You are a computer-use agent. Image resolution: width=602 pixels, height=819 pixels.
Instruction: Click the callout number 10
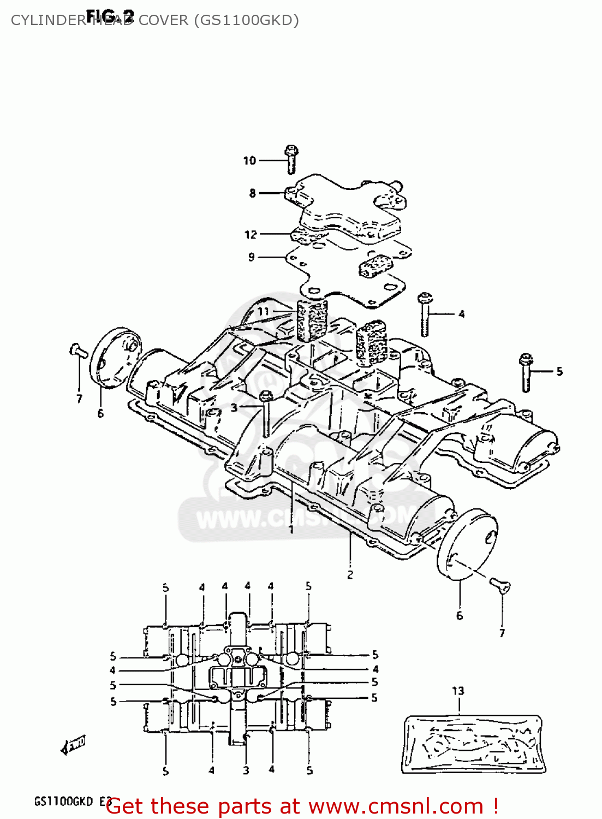249,161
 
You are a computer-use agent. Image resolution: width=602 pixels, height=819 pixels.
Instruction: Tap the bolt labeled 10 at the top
291,158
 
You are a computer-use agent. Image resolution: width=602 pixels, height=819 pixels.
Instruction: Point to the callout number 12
251,235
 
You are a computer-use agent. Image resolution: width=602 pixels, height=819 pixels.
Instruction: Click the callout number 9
251,257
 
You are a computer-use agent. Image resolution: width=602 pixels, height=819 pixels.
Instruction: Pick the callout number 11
263,312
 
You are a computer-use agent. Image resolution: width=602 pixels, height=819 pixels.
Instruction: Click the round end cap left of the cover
115,358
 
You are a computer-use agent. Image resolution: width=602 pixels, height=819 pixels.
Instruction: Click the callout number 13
458,691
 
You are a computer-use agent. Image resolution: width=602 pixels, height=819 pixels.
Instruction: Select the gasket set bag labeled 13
474,744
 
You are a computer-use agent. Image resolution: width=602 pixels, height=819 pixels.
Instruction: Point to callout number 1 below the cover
291,529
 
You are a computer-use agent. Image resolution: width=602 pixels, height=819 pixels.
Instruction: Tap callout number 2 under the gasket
350,574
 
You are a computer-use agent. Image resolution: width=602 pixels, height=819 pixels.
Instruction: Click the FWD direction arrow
73,745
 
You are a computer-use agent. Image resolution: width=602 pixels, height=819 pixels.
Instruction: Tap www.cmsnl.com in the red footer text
396,806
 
